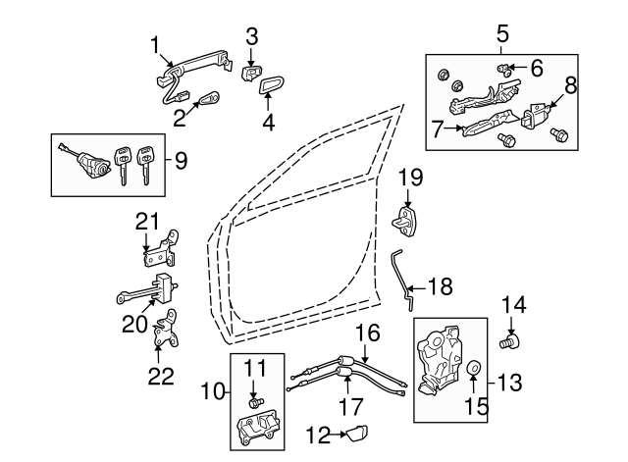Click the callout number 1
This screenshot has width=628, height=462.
click(x=155, y=45)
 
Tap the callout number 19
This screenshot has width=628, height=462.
click(x=410, y=177)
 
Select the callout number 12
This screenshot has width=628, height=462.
click(x=315, y=432)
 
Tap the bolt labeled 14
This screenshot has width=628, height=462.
click(x=509, y=342)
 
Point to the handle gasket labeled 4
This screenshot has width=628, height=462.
click(x=271, y=88)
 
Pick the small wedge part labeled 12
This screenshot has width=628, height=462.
click(x=355, y=431)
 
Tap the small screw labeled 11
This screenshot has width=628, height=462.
click(x=256, y=401)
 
